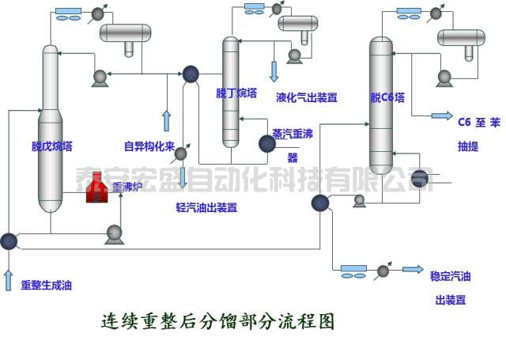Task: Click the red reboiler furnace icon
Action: [x=97, y=188]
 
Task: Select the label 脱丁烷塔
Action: [x=236, y=93]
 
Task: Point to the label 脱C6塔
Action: [x=387, y=98]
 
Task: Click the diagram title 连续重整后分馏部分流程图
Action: [x=218, y=321]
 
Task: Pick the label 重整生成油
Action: [x=46, y=285]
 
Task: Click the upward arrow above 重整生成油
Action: [x=9, y=279]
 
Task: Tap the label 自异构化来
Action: [x=149, y=146]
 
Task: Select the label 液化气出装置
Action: [x=307, y=98]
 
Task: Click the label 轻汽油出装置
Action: [x=206, y=208]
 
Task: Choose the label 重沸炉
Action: [x=128, y=187]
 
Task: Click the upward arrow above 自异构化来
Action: [x=167, y=122]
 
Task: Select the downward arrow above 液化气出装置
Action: [x=274, y=71]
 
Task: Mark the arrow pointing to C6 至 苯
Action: [x=441, y=116]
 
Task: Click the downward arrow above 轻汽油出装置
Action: [x=183, y=177]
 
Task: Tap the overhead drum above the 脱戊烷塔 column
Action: [x=129, y=33]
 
